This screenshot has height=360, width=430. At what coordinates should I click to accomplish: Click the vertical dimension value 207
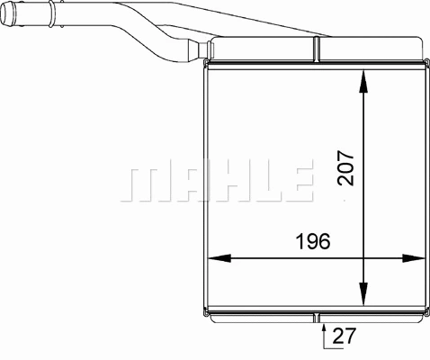click(347, 166)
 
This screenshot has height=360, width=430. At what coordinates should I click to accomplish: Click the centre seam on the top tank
click(318, 49)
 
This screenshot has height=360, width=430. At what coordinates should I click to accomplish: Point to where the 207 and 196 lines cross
click(363, 258)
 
